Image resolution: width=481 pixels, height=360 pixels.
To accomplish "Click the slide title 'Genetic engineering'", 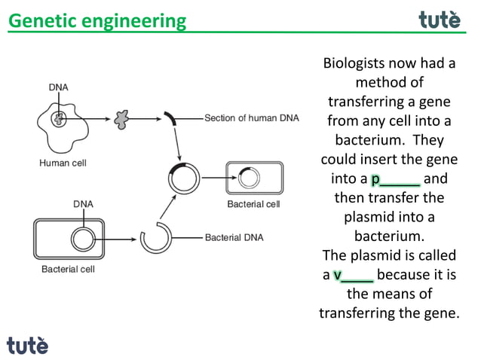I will (x=97, y=20).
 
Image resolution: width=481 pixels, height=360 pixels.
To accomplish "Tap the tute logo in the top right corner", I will (x=439, y=20).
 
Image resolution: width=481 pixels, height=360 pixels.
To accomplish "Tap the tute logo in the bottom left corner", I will (x=27, y=345).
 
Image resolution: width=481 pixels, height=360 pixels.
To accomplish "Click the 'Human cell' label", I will (x=62, y=162).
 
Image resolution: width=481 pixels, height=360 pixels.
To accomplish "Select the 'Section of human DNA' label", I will (x=252, y=118).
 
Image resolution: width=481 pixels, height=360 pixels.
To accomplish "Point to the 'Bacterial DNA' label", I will (x=234, y=237).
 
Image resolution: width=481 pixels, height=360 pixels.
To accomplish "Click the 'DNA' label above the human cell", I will (x=58, y=87).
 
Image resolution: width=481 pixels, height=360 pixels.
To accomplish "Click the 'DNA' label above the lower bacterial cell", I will (x=83, y=203).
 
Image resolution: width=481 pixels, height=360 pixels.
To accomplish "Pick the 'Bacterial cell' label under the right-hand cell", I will (x=253, y=204).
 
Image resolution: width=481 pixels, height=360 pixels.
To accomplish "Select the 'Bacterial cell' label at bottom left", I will (x=68, y=268).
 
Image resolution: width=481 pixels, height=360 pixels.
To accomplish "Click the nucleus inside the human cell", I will (x=58, y=118).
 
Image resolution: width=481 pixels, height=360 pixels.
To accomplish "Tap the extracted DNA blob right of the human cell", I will (x=119, y=118).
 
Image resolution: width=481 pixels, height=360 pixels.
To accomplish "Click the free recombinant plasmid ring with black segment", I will (x=185, y=178).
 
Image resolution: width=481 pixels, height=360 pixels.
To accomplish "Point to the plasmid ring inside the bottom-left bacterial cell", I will (x=83, y=239).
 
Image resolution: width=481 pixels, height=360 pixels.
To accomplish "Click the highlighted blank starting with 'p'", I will (x=395, y=179).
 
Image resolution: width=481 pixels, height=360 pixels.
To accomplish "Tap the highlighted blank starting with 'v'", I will (x=353, y=275).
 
